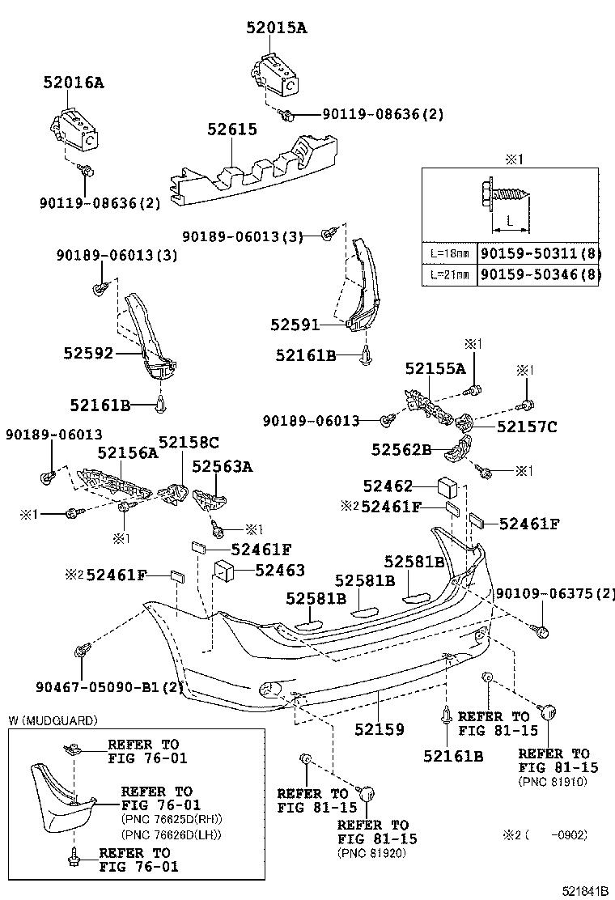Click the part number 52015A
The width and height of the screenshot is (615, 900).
point(277,28)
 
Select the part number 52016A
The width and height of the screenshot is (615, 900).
point(74,83)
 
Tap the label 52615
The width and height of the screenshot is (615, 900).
point(231,129)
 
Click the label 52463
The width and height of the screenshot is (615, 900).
point(279,571)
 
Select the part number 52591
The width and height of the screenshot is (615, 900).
point(296,325)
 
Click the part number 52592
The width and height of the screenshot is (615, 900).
point(89,353)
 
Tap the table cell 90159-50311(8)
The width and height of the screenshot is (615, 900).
point(540,253)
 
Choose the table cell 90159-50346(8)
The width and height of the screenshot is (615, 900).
point(540,275)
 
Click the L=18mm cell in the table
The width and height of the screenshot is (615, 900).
point(449,253)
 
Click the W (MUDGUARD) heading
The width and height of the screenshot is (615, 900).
point(53,720)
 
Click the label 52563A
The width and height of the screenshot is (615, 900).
point(222,466)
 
